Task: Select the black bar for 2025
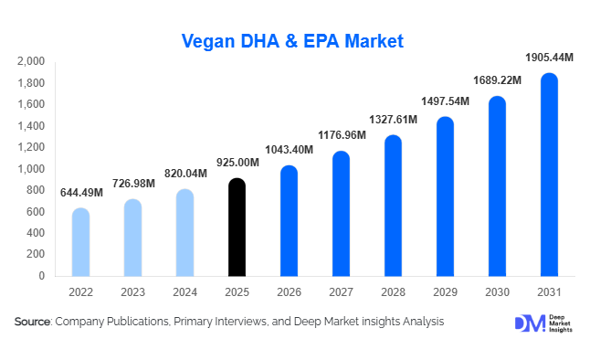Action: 237,228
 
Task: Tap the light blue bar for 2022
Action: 80,243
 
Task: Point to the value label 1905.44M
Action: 548,58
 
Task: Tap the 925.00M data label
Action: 237,163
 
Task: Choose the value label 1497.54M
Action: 445,101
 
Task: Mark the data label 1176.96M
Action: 342,135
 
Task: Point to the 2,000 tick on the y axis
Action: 31,61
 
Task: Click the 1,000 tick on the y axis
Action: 31,169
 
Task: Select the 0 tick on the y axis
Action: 41,276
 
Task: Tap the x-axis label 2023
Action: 132,292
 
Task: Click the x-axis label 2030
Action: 497,292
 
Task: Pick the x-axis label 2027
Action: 341,292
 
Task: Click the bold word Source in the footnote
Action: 33,322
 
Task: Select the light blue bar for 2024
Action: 184,233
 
